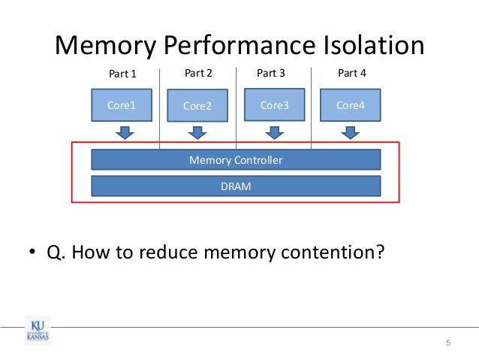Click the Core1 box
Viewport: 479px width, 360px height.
121,105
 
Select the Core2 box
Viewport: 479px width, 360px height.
197,106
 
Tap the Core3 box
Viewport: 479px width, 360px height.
274,105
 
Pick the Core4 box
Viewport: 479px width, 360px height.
350,105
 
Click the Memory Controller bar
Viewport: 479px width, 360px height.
236,160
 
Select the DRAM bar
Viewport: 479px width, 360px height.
236,186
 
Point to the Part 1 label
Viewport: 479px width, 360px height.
124,74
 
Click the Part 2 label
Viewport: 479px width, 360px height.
198,73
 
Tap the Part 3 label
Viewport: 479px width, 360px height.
271,73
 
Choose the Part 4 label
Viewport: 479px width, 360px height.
351,73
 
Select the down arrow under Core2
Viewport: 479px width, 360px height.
197,132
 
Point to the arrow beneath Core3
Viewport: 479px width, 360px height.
274,132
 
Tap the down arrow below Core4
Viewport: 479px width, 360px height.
349,132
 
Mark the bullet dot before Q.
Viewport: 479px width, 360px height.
33,253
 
